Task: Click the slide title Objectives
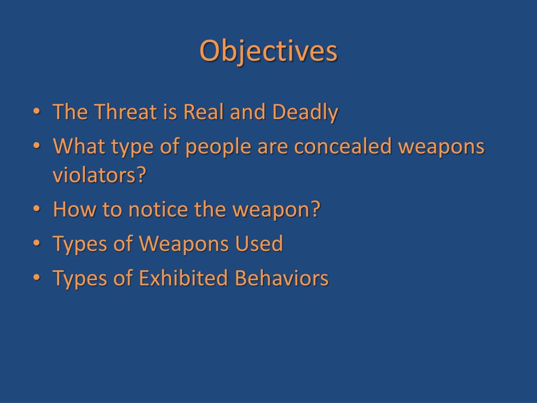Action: click(x=268, y=52)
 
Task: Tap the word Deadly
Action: click(x=305, y=112)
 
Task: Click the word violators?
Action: click(x=99, y=175)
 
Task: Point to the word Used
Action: click(x=259, y=244)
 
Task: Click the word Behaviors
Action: click(x=282, y=278)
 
